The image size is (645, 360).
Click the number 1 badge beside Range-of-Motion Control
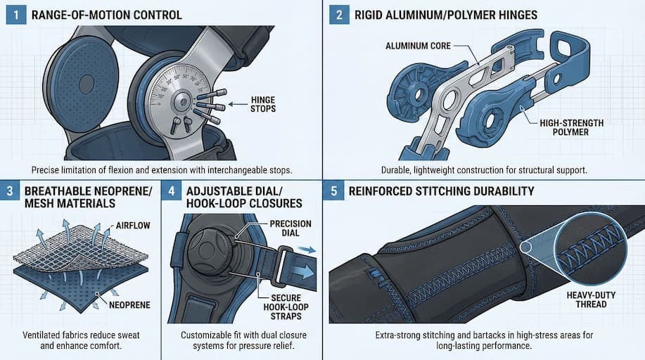point(15,15)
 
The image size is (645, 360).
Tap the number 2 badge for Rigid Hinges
point(340,15)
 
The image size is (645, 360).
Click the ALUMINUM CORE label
point(418,46)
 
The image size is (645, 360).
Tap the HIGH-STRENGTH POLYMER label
point(570,127)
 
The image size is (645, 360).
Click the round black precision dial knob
point(212,251)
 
